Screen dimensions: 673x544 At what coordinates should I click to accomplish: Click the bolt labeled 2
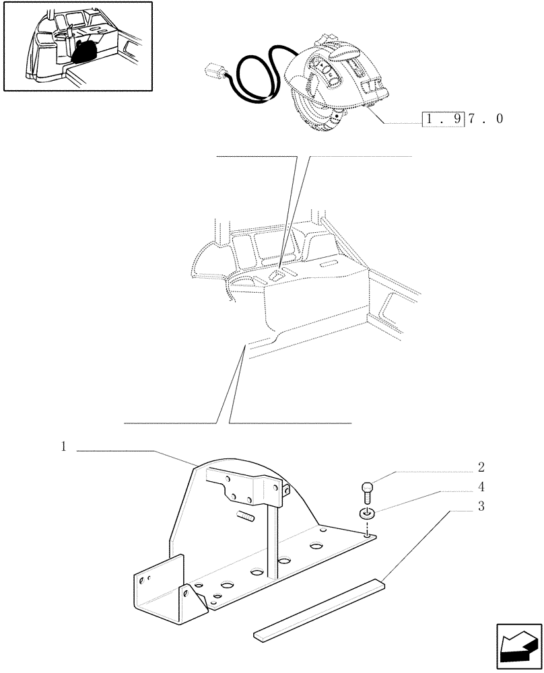point(367,489)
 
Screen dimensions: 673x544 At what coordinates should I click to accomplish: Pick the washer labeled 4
point(366,515)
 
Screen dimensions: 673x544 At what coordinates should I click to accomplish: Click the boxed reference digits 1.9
point(442,119)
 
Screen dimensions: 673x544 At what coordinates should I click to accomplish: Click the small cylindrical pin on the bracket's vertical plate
point(246,517)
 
